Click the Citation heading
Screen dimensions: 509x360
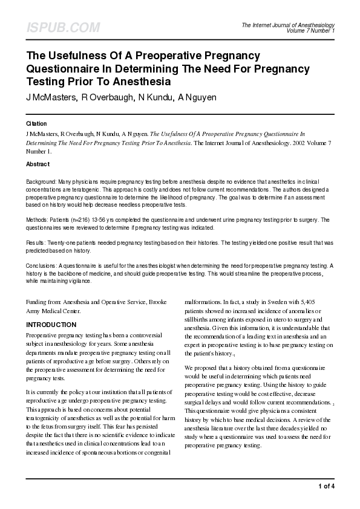pyautogui.click(x=36, y=123)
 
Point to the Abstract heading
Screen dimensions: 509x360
pyautogui.click(x=38, y=164)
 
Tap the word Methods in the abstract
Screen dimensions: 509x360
pyautogui.click(x=38, y=219)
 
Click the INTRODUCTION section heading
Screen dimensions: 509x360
pyautogui.click(x=51, y=325)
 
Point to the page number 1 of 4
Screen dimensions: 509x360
pyautogui.click(x=327, y=487)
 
